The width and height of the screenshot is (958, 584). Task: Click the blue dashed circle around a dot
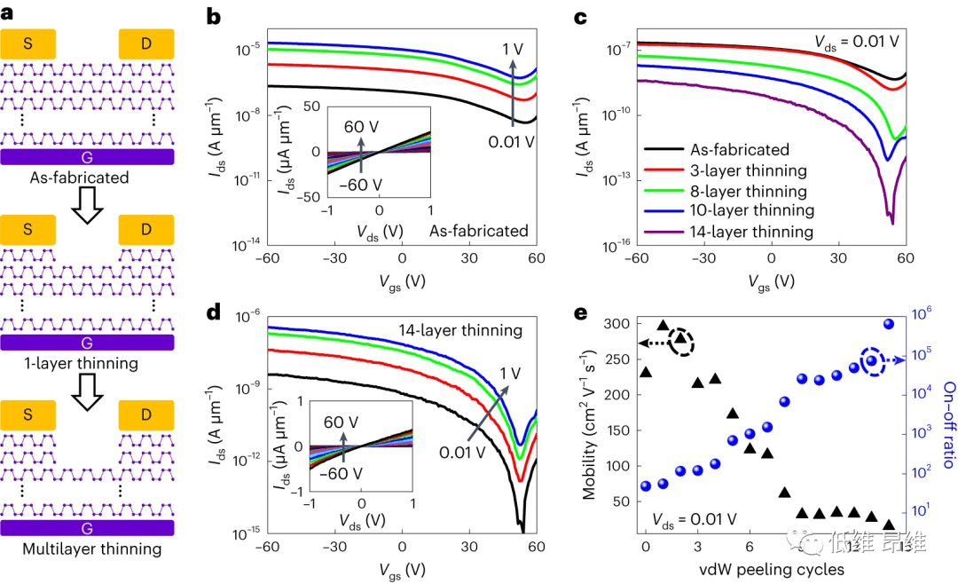(872, 360)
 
